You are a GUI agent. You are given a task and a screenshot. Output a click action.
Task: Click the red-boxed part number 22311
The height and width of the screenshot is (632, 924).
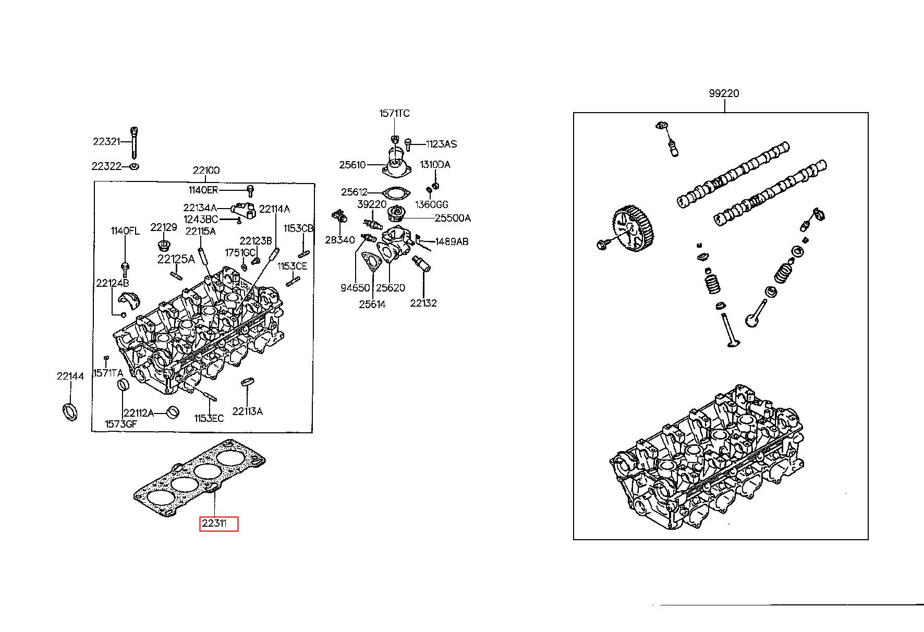218,524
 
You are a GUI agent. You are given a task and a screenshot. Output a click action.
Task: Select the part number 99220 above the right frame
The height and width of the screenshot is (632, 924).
724,94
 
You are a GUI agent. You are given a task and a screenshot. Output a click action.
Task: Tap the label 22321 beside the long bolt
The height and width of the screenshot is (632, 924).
107,141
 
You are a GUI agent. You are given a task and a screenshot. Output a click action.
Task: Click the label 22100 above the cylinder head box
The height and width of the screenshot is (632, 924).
206,171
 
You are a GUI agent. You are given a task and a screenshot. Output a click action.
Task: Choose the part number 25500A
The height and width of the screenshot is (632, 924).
453,218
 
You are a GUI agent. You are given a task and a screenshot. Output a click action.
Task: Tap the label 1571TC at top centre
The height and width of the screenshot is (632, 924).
394,114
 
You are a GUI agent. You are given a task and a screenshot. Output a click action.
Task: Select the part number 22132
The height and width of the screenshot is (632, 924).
423,303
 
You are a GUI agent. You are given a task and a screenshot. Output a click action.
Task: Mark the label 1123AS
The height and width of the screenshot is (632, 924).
441,144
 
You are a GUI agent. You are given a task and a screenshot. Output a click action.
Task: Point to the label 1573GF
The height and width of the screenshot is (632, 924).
120,424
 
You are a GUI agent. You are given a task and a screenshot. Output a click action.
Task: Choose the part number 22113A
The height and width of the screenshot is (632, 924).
247,411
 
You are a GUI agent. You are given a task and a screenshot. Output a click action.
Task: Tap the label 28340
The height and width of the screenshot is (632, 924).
339,240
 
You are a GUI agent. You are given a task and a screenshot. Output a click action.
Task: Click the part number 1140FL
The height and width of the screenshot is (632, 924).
125,231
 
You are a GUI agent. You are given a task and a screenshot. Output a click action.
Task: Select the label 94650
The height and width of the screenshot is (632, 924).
355,288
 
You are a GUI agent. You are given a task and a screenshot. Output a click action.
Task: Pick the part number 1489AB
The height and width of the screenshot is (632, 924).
452,241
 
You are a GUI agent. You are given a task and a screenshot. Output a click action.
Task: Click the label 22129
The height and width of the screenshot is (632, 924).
163,227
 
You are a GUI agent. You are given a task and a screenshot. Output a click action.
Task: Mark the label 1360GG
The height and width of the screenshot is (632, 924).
432,204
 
